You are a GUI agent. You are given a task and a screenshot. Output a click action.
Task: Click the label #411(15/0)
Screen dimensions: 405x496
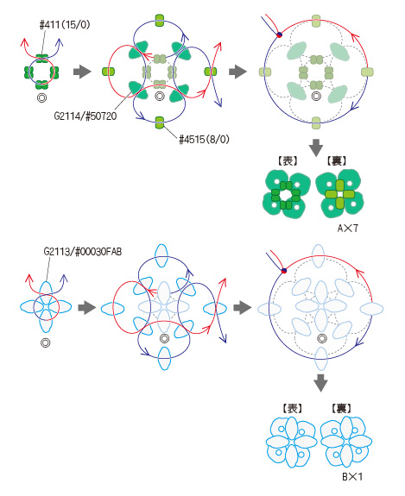point(65,25)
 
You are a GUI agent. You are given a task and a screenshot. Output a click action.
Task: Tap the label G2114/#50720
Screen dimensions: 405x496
point(85,116)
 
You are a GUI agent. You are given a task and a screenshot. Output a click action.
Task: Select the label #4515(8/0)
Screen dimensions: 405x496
point(204,139)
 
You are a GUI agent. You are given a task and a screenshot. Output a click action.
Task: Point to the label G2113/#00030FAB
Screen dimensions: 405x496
point(83,252)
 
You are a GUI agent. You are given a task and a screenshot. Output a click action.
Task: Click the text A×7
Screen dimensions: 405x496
point(348,228)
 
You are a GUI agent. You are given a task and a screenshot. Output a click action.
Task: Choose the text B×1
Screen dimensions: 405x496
point(352,477)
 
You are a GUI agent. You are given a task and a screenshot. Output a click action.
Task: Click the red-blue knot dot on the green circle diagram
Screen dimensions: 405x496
point(279,35)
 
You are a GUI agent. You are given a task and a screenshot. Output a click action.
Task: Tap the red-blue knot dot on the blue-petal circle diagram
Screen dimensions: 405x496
point(284,271)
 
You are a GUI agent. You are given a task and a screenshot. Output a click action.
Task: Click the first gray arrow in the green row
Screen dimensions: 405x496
point(82,72)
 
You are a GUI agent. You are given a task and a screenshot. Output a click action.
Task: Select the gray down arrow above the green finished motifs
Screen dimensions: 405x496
point(316,148)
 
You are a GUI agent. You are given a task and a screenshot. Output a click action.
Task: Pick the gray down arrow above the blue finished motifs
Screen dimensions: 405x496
point(320,383)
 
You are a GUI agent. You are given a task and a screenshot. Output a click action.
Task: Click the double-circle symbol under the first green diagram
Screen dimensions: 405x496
point(41,98)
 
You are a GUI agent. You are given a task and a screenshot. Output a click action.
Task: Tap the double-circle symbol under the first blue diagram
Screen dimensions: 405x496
point(46,343)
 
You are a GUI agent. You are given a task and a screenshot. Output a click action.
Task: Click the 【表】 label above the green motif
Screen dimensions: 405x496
point(288,161)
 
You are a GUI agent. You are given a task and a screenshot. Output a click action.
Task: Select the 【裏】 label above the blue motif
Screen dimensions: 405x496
point(341,408)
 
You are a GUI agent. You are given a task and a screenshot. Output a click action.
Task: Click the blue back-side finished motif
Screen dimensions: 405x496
point(346,442)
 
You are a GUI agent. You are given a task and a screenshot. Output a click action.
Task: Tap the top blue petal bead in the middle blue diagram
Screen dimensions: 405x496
point(161,255)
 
